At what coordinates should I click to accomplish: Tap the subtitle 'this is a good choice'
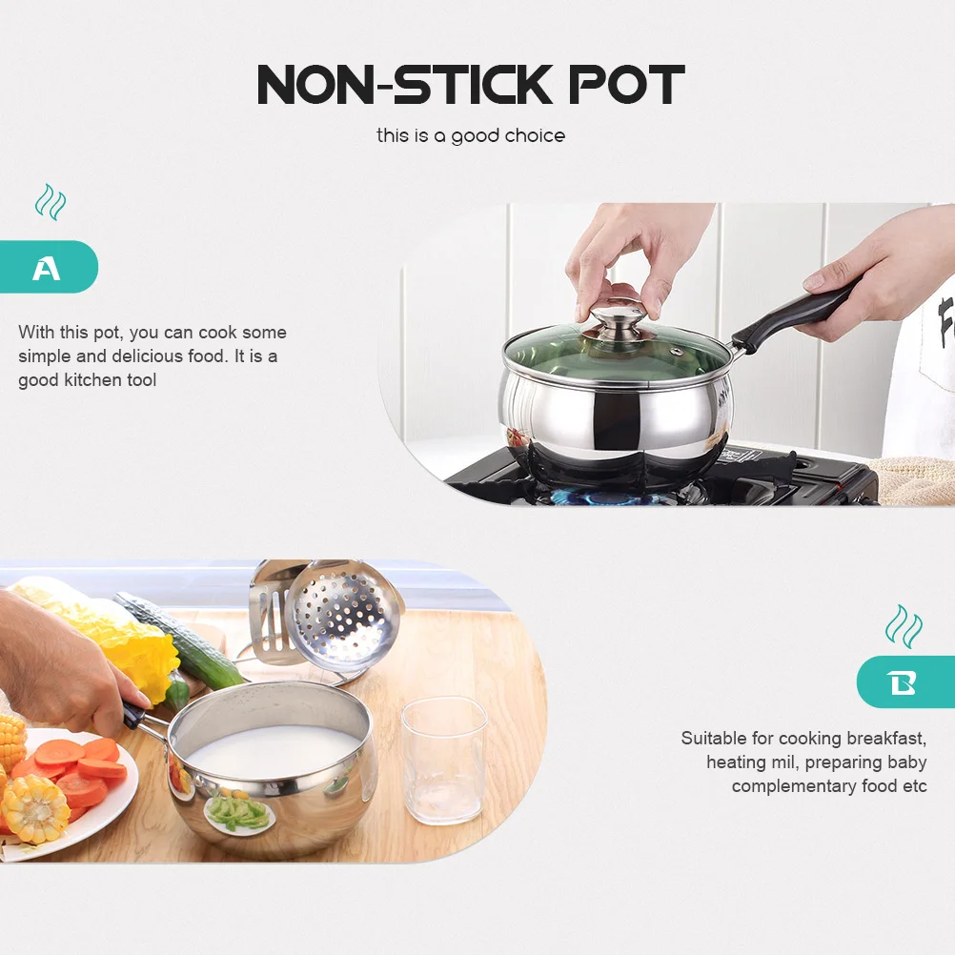471,135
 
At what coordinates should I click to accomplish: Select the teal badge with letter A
48,267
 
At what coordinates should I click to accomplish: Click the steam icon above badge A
51,202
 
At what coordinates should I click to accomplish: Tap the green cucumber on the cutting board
181,640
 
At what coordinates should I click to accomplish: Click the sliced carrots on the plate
86,762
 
